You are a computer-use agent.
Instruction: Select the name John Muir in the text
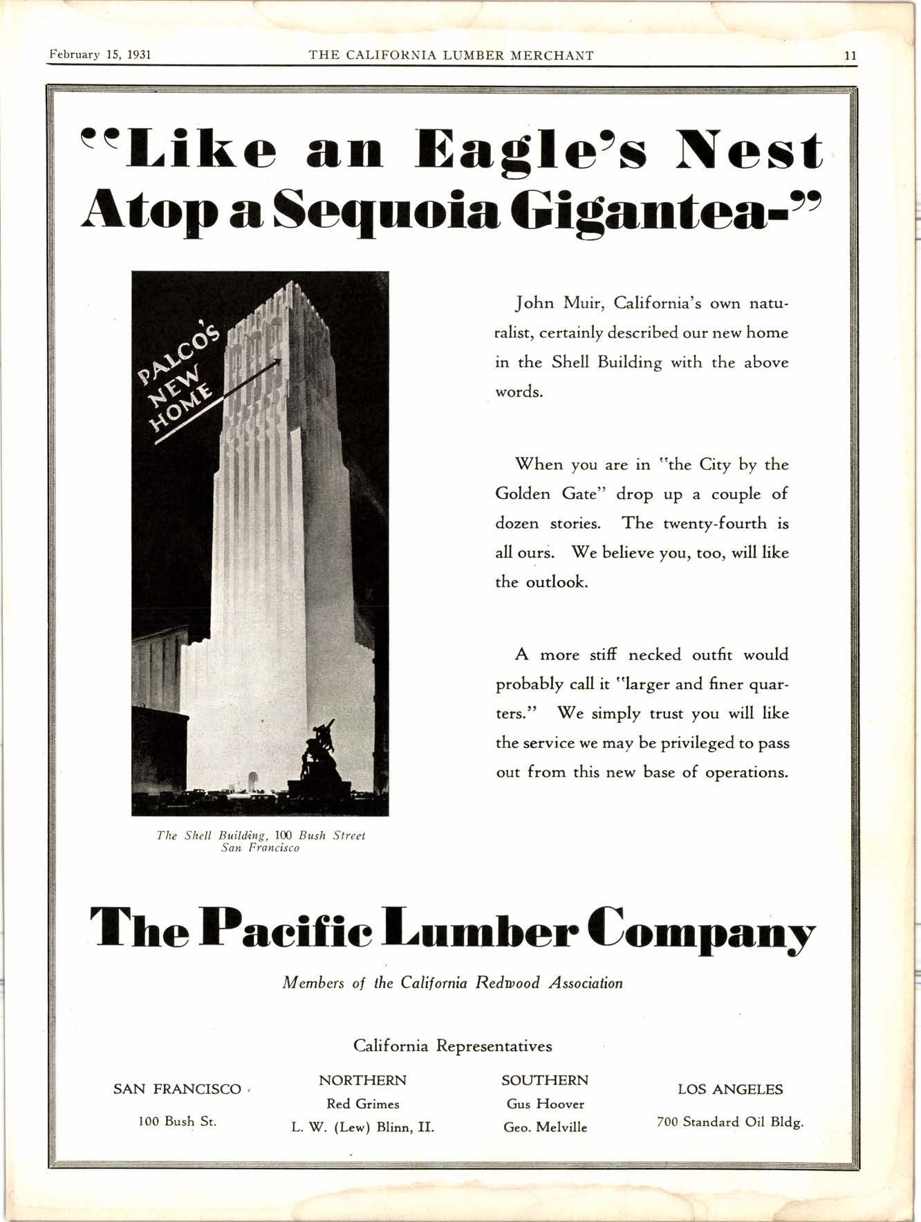pos(560,303)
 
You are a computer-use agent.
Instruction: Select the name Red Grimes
pos(363,1104)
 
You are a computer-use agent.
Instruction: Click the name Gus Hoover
pos(545,1104)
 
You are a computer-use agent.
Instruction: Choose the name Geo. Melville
pos(545,1127)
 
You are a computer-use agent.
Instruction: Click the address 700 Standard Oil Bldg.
pos(729,1122)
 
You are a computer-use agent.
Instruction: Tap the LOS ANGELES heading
pos(729,1089)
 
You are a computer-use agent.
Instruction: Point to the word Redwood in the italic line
pos(507,983)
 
